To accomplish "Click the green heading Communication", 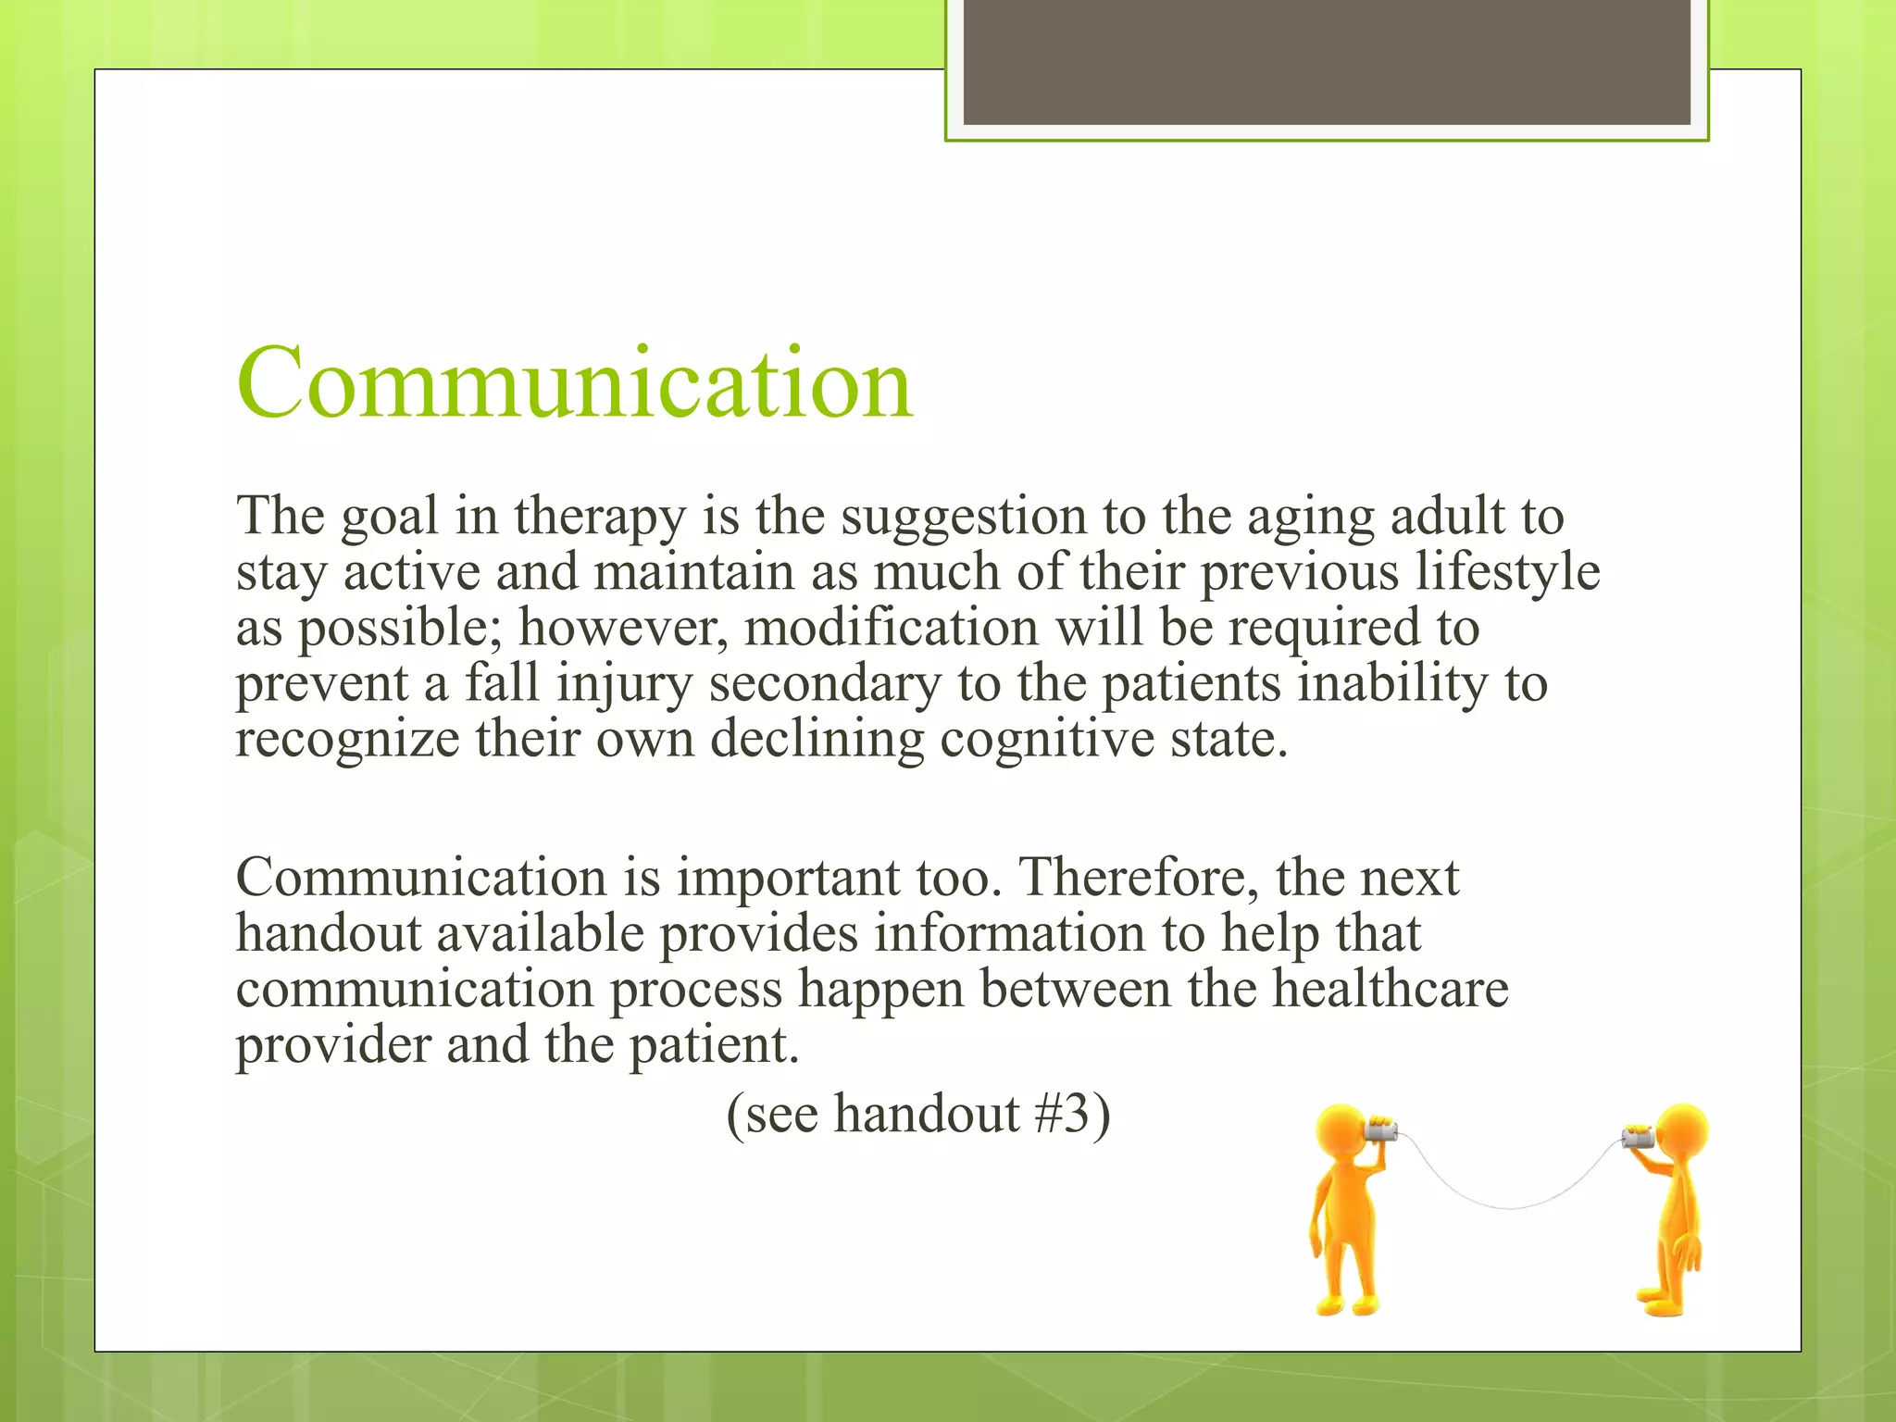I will pyautogui.click(x=574, y=383).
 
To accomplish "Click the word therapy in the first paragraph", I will pyautogui.click(x=599, y=517).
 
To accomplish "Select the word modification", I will pyautogui.click(x=891, y=628).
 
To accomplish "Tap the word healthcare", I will pyautogui.click(x=1390, y=989).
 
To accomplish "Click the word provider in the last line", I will pyautogui.click(x=332, y=1046).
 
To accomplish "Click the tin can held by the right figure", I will pyautogui.click(x=1638, y=1137).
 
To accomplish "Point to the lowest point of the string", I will pyautogui.click(x=1509, y=1207).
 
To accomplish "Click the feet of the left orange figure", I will pyautogui.click(x=1347, y=1306).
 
